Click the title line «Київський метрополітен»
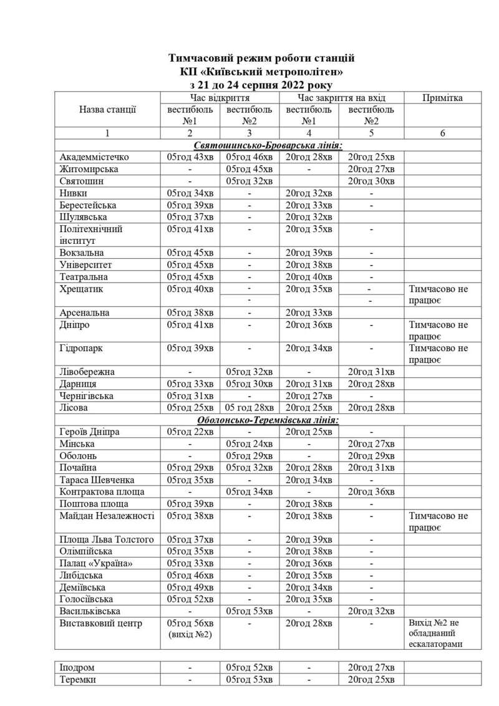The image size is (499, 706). (x=261, y=72)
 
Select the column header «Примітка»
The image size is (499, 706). (x=442, y=98)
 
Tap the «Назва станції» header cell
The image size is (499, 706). (x=107, y=109)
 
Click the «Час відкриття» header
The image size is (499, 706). (x=220, y=98)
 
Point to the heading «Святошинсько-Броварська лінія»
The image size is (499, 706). (x=268, y=145)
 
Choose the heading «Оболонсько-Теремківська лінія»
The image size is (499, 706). (x=268, y=420)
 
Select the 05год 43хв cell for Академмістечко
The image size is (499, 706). (x=190, y=157)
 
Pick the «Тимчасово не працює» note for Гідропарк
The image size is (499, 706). (x=438, y=354)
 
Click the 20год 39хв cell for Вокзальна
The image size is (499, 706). (x=310, y=253)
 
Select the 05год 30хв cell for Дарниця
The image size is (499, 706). (x=249, y=384)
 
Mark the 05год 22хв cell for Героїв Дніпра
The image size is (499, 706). (x=190, y=432)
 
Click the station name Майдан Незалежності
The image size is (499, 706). (x=107, y=516)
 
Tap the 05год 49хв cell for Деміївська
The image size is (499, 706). (x=190, y=587)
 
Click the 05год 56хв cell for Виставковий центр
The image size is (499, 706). (x=190, y=623)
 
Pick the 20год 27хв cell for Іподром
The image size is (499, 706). (x=371, y=667)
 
